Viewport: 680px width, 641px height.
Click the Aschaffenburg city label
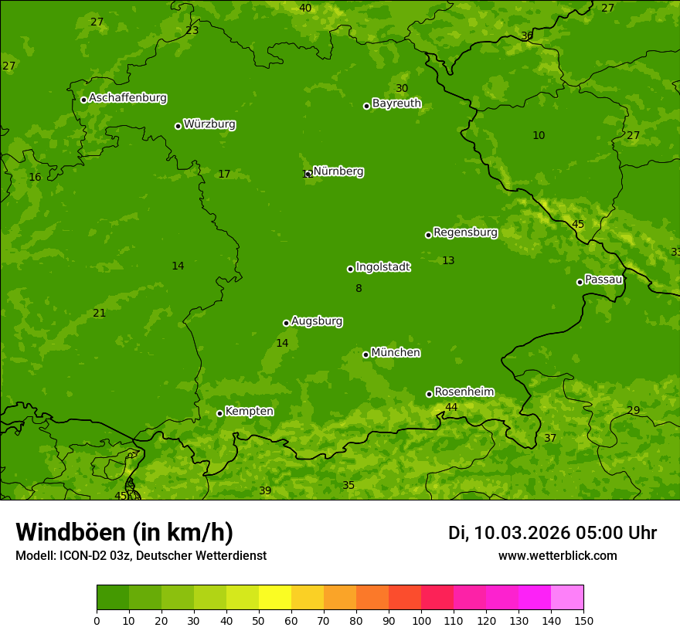click(127, 98)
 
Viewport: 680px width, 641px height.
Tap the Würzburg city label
click(209, 124)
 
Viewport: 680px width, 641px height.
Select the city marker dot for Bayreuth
click(367, 106)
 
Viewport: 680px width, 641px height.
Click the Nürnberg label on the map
click(338, 171)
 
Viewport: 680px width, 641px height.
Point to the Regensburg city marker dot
click(428, 235)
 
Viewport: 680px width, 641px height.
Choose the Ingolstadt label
click(382, 267)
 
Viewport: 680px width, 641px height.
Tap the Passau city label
click(603, 280)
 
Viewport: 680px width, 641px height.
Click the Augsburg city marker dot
click(286, 323)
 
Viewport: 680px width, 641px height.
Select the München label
click(396, 353)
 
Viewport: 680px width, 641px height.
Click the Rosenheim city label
click(464, 392)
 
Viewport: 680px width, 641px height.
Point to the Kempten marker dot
click(219, 413)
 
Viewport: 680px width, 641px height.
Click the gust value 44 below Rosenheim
click(451, 407)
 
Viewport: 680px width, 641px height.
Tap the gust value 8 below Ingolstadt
click(359, 288)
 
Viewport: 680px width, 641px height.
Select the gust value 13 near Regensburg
click(448, 260)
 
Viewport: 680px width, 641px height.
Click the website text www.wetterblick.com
click(557, 555)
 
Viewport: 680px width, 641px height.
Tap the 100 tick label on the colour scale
click(421, 620)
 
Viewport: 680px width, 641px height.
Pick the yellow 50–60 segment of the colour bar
click(275, 598)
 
